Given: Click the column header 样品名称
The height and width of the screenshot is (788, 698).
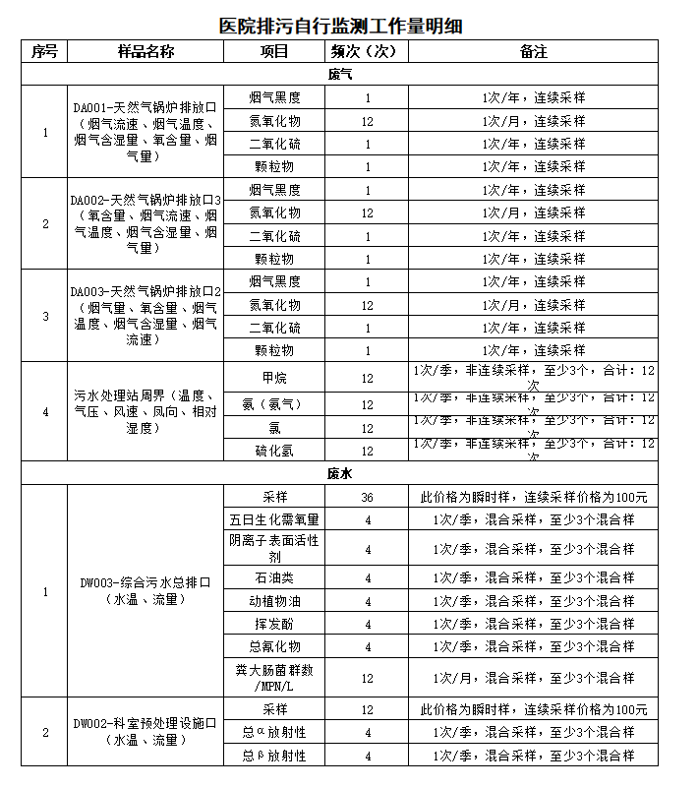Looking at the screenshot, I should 145,51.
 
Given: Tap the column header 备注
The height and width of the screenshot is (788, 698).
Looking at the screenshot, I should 534,51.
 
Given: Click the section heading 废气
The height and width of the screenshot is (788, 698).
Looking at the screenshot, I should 340,74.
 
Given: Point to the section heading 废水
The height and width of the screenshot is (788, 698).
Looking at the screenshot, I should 340,473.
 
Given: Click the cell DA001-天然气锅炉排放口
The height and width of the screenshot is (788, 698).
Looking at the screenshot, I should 145,132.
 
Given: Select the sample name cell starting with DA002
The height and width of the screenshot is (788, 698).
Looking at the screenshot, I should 145,223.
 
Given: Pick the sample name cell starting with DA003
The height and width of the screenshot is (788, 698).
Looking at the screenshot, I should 145,316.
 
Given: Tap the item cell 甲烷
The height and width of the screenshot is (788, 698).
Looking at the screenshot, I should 274,377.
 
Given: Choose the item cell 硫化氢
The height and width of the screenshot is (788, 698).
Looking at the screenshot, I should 274,451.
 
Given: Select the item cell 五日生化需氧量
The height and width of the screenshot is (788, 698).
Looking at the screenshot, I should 274,519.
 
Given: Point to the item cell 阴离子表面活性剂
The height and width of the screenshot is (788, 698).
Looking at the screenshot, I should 274,549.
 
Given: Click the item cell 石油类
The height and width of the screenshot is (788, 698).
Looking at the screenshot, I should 274,577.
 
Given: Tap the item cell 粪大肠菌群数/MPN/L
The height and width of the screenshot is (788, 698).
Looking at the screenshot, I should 274,677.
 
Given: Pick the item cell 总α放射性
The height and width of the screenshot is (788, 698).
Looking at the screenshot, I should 274,733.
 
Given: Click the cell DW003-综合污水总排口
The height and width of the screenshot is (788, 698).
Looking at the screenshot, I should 145,590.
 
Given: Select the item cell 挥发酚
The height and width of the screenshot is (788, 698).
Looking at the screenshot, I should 274,624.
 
